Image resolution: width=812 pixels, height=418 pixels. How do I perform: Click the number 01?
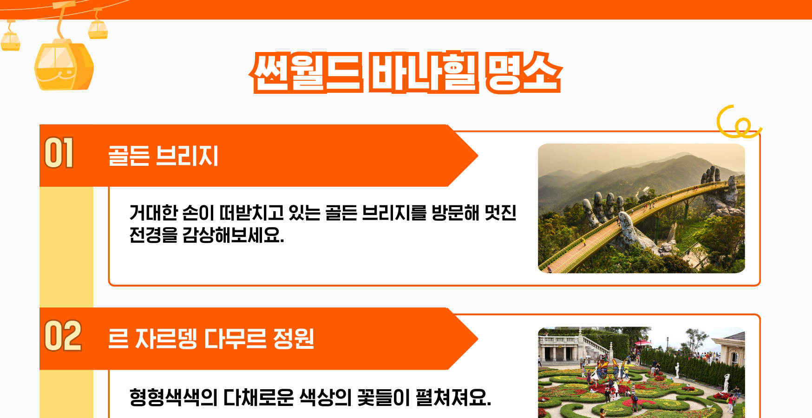point(59,153)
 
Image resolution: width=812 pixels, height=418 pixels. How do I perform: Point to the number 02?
point(63,336)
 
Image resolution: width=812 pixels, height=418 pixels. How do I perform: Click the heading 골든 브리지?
point(163,156)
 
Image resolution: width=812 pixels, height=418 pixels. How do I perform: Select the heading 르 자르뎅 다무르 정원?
point(211,339)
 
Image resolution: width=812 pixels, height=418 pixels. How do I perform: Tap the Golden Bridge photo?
point(641,208)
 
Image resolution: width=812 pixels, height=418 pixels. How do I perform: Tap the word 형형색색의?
point(173,398)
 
